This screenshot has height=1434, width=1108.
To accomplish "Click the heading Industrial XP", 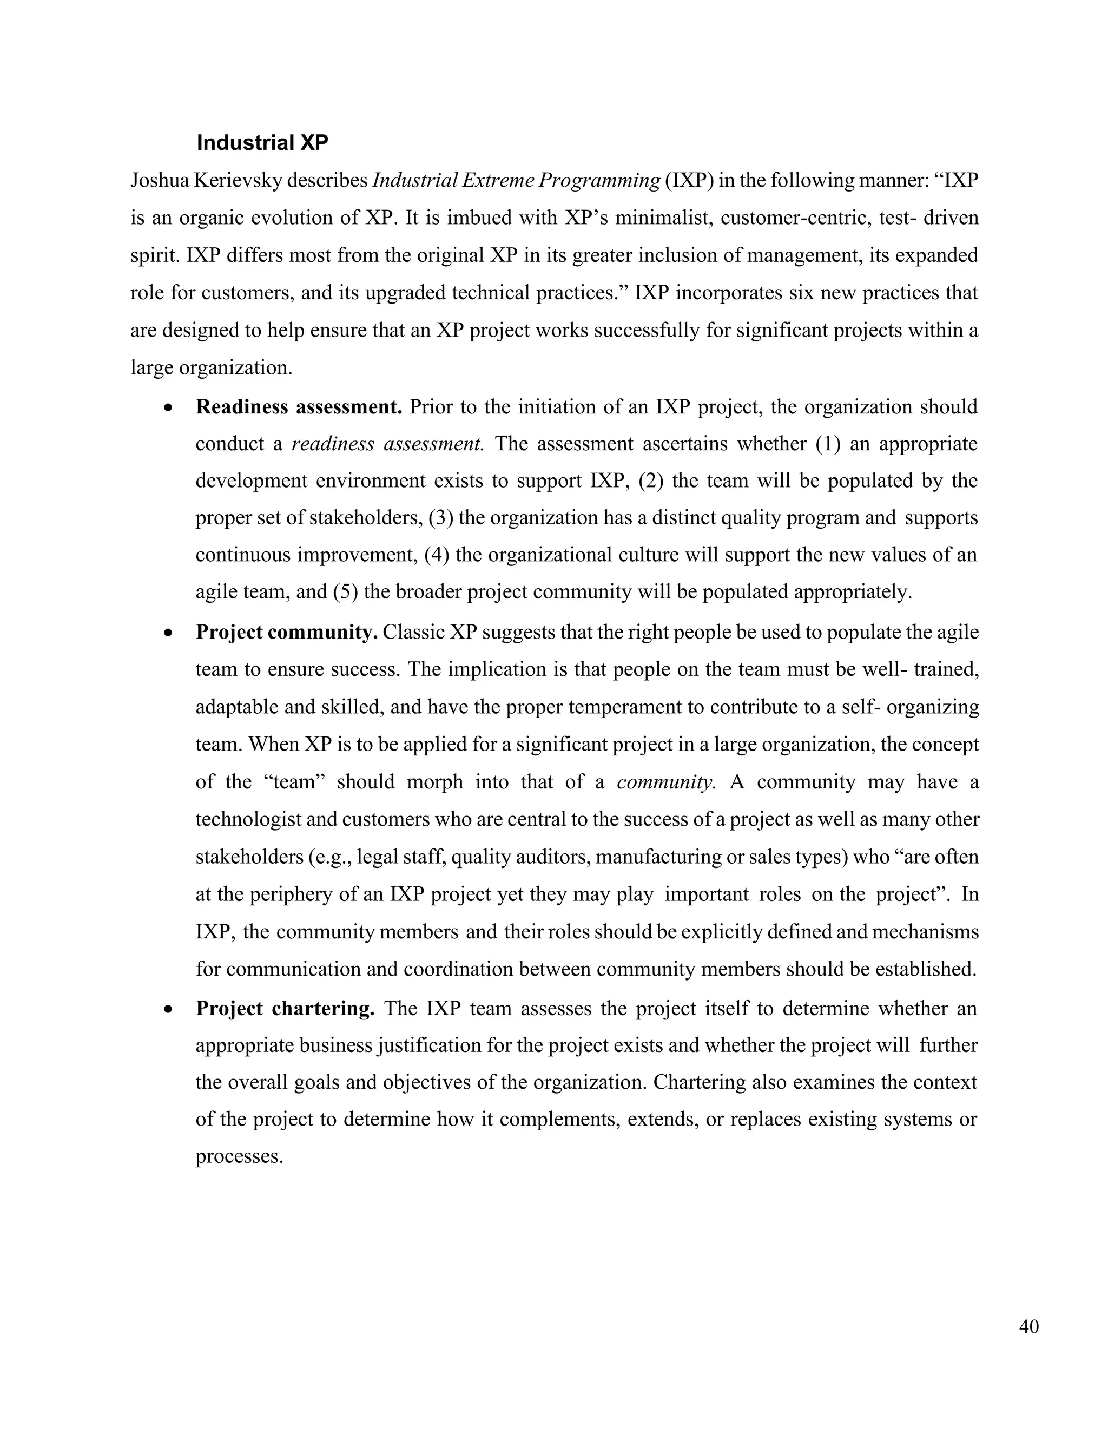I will tap(262, 142).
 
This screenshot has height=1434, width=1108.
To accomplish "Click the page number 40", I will tap(1028, 1326).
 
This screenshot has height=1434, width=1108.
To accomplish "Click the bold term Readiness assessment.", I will tap(299, 407).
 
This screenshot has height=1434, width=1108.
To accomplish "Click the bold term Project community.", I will tap(286, 632).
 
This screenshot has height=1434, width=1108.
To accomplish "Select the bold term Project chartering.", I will tap(285, 1008).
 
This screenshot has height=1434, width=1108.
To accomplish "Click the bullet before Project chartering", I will tap(169, 1009).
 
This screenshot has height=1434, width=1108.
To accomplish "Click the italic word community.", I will tap(665, 782).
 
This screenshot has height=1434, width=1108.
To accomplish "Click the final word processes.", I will tap(239, 1156).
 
